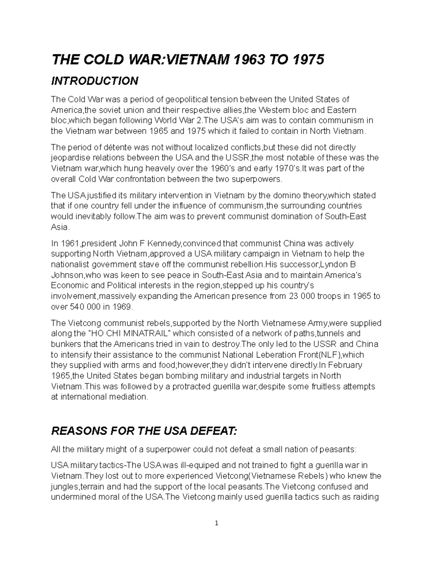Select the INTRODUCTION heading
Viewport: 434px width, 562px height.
pos(94,81)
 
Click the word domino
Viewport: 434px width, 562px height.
pos(284,195)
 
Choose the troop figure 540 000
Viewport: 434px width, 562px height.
pos(86,307)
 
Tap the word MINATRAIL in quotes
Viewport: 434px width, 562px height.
pos(146,333)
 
